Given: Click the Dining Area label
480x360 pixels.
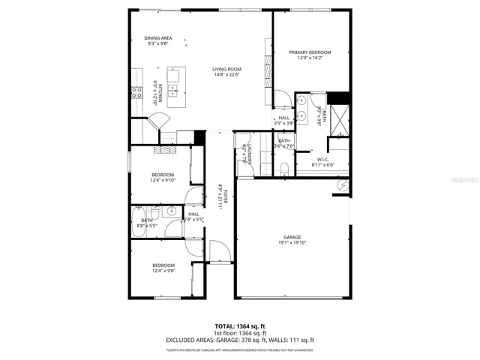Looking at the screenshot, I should pyautogui.click(x=158, y=38).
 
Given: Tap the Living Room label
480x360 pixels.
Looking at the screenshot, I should pyautogui.click(x=225, y=69).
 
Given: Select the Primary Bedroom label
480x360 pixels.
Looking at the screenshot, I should pyautogui.click(x=310, y=52).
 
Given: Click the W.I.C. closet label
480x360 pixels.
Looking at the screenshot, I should pyautogui.click(x=322, y=159).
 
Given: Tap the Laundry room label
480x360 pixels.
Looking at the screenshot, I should pyautogui.click(x=244, y=154).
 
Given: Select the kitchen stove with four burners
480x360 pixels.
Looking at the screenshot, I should pyautogui.click(x=138, y=92).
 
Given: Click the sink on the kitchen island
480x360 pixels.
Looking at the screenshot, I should pyautogui.click(x=173, y=91).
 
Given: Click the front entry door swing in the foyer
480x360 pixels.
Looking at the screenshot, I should pyautogui.click(x=216, y=252).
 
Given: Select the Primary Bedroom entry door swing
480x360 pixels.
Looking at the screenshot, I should pyautogui.click(x=283, y=99).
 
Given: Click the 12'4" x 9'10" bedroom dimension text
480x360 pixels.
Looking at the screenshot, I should pyautogui.click(x=163, y=180).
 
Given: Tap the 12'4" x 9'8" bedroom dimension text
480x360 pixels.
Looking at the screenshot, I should pyautogui.click(x=163, y=270).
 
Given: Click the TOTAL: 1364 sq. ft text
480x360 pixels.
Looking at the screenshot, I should pyautogui.click(x=239, y=326).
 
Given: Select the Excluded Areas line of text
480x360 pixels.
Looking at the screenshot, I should pyautogui.click(x=239, y=340).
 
